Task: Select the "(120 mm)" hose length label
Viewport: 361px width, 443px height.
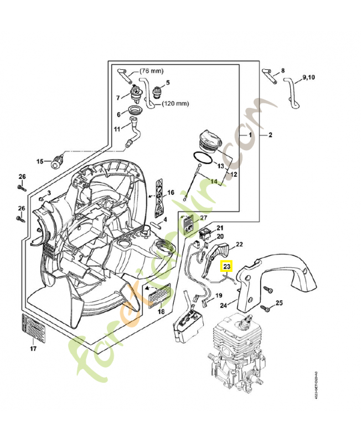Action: [x=176, y=103]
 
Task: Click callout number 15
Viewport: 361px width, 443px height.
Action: [x=40, y=161]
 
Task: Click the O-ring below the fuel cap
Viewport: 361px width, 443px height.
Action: [x=203, y=158]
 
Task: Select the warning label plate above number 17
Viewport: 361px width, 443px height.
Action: [x=33, y=327]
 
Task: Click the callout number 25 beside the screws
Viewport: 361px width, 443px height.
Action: [x=279, y=302]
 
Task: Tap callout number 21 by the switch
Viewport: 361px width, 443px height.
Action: [x=220, y=228]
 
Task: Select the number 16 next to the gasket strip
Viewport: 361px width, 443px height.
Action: [x=171, y=193]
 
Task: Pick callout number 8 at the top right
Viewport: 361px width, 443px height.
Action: [x=282, y=70]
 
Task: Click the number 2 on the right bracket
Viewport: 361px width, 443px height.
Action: [x=270, y=135]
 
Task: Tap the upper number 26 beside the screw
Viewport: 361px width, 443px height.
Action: [x=22, y=177]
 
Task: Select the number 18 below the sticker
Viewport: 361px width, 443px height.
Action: [x=161, y=312]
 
